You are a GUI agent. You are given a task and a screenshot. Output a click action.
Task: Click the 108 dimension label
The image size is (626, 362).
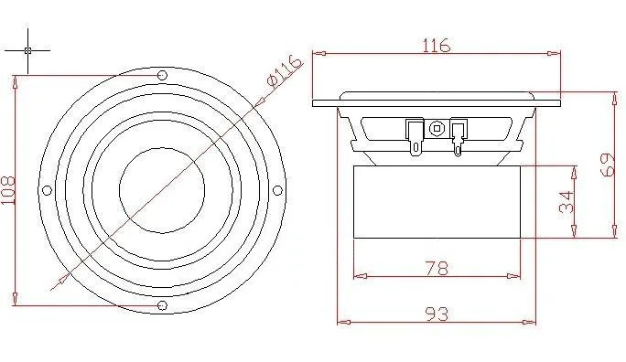(x=8, y=190)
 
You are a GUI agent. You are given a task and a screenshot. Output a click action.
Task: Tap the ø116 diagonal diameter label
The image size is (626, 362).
(x=285, y=70)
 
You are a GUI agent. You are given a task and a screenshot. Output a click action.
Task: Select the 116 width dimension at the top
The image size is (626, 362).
(x=437, y=45)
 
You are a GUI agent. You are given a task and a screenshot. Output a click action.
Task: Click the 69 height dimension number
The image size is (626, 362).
(x=608, y=165)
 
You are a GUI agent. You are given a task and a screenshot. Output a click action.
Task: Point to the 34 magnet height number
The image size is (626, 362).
(x=567, y=202)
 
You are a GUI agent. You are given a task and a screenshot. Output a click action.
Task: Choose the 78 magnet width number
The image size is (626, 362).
(x=437, y=269)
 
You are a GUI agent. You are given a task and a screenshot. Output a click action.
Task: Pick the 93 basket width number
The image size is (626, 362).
(x=437, y=314)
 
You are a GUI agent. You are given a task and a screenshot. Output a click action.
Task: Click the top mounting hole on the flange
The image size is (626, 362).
(x=162, y=75)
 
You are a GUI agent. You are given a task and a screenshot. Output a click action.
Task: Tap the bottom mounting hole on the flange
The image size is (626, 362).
(x=162, y=305)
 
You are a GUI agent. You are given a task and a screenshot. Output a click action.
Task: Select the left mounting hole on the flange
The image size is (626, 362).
(x=47, y=190)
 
